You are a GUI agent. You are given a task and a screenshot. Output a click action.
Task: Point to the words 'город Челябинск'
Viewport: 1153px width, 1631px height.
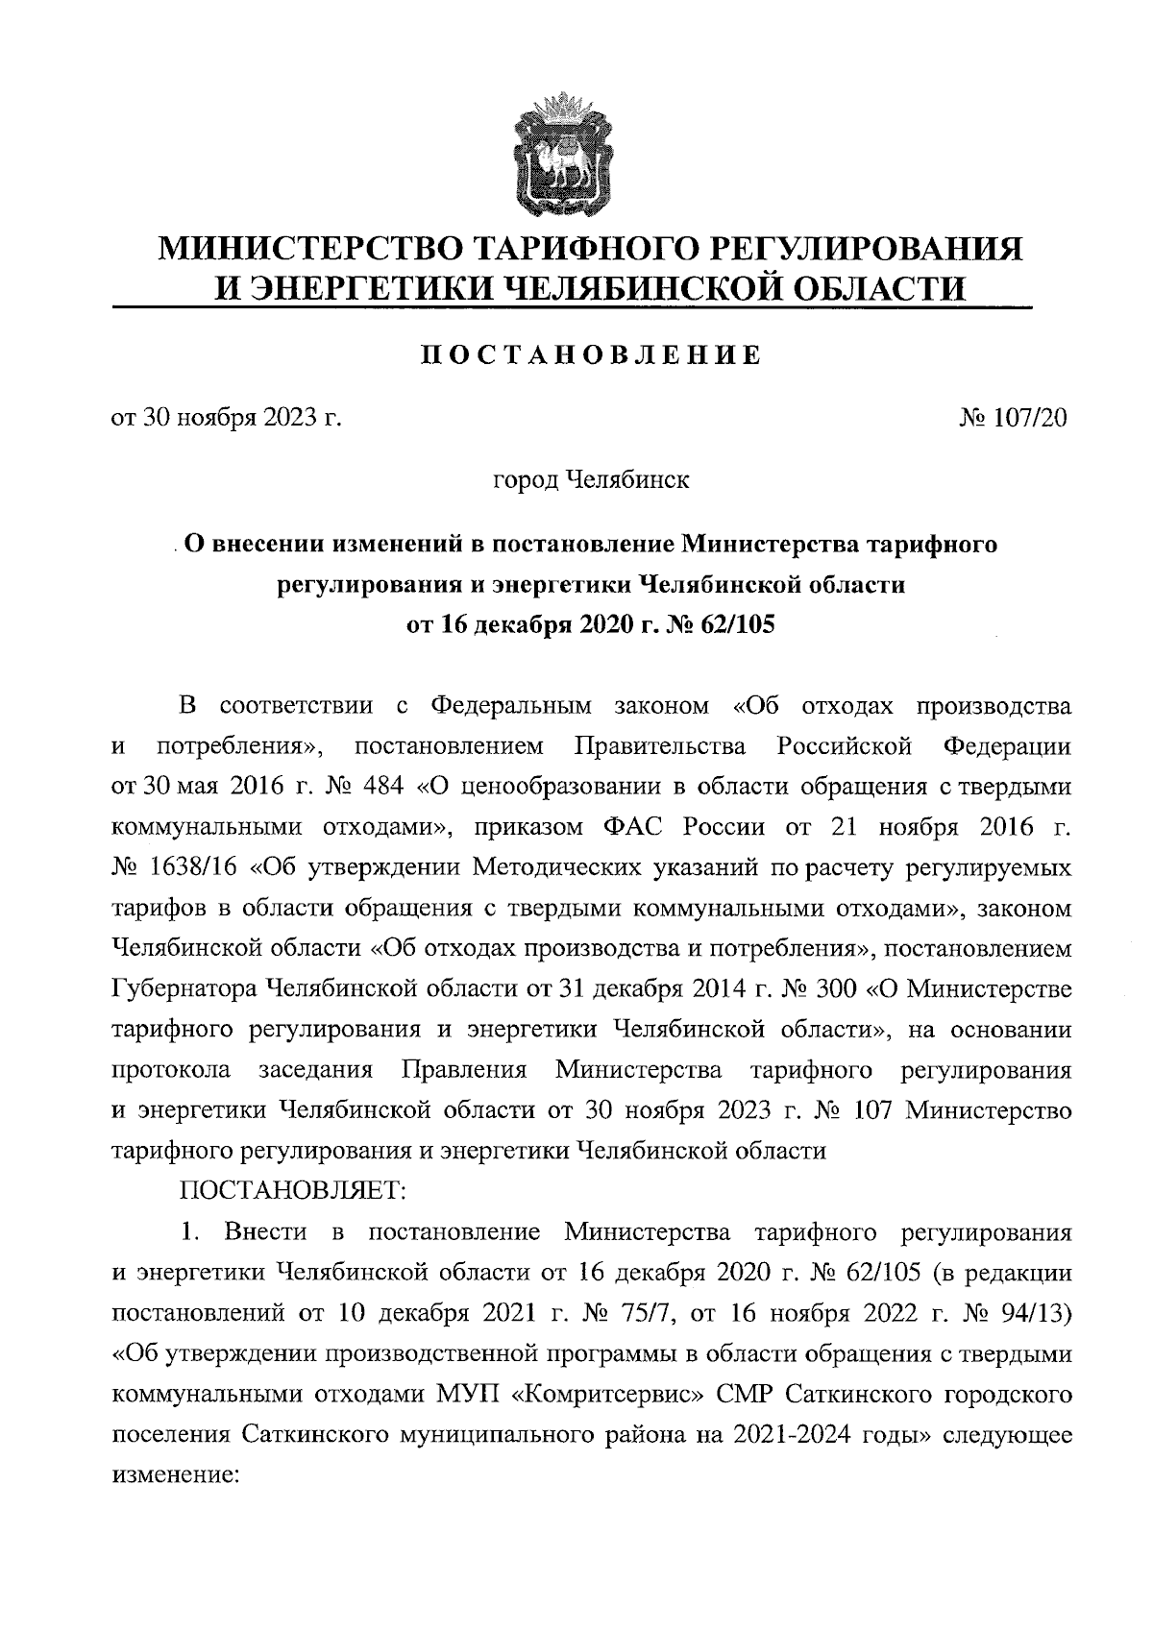point(591,480)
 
